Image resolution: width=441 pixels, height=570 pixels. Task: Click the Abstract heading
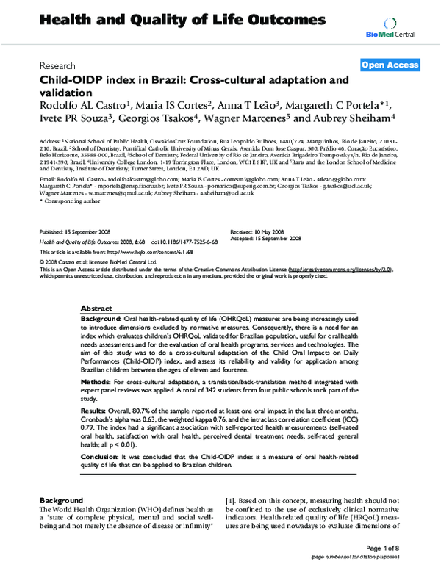96,309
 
